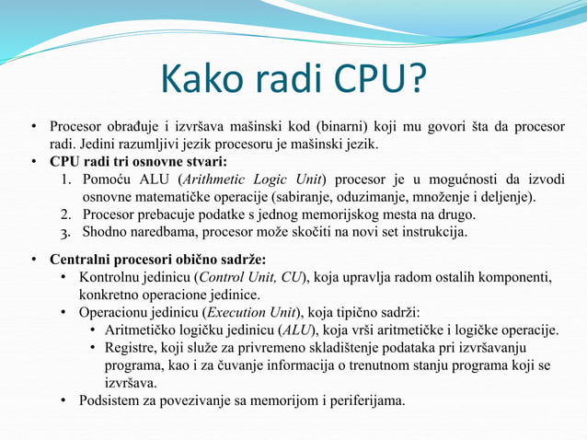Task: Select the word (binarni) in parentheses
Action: pos(344,126)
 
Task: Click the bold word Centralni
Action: pos(84,258)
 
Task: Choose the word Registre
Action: pos(131,347)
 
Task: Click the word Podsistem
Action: pos(113,400)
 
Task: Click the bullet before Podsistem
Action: pos(63,400)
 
